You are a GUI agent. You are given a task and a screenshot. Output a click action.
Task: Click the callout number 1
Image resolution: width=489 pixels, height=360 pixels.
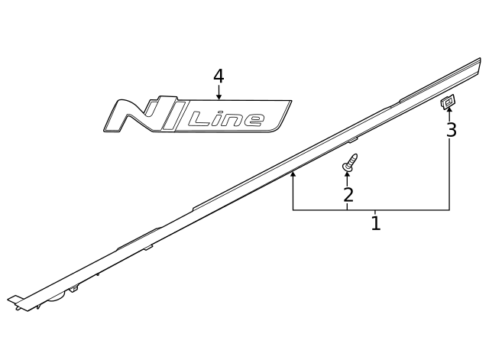coord(375,224)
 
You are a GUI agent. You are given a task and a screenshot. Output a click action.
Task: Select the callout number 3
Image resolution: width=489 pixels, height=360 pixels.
coord(451,130)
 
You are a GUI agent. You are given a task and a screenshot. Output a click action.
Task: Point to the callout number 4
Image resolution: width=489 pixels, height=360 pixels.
coord(219,76)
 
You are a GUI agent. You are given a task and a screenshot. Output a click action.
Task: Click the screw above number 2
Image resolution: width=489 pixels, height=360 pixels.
coord(351,162)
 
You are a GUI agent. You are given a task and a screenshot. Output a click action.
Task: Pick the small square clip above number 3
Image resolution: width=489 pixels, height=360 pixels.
coord(448,101)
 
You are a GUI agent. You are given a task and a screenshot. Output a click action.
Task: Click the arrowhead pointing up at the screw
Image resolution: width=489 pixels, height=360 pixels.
coord(348,175)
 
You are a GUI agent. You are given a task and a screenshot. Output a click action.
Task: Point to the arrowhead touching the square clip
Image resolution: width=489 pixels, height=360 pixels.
coord(449,111)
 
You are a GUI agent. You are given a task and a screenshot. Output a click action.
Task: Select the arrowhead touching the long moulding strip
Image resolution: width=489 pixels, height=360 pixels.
coord(293,174)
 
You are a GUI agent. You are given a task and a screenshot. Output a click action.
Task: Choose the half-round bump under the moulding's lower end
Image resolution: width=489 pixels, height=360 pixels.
coord(57,297)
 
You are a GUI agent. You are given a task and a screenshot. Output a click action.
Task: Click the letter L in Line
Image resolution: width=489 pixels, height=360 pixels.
coord(199,118)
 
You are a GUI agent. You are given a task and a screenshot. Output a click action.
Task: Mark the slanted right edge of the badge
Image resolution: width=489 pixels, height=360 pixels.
coord(284,115)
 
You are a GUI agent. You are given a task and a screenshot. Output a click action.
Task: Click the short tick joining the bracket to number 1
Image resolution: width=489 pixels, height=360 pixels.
coord(374,212)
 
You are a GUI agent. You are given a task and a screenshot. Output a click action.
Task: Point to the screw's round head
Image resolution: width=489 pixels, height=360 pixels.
coord(353,158)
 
